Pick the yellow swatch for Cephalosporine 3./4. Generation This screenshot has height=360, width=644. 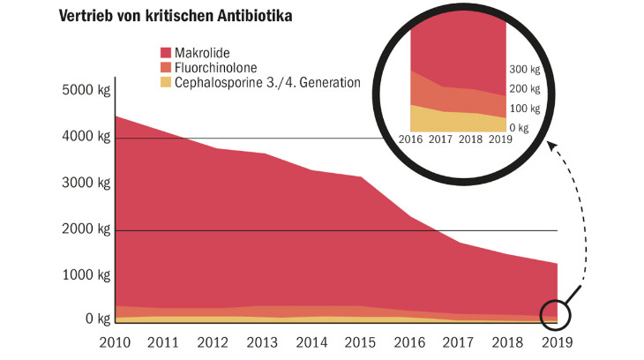(x=168, y=83)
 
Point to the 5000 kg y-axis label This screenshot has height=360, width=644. (x=86, y=91)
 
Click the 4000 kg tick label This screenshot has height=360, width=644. (x=86, y=138)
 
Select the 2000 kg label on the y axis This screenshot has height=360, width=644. (x=86, y=229)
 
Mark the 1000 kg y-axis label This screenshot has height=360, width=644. (x=86, y=276)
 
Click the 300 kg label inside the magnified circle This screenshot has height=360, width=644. (x=525, y=70)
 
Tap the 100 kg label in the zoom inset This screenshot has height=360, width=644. (x=525, y=109)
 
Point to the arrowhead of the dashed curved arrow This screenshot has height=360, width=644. (x=556, y=151)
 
